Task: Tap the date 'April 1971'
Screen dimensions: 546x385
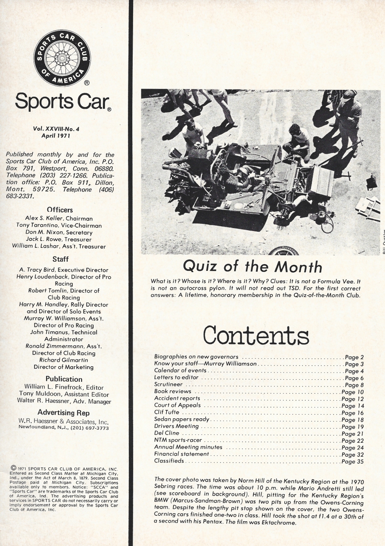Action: coord(56,136)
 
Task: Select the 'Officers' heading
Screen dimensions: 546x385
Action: coord(60,210)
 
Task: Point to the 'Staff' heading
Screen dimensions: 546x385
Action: coord(60,260)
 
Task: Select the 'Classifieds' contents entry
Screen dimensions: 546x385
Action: coord(169,461)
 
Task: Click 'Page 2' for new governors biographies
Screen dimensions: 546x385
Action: coord(354,357)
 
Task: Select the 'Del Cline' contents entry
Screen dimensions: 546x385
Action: coord(167,433)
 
